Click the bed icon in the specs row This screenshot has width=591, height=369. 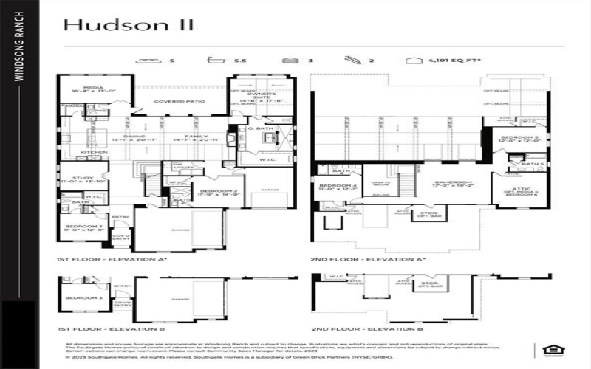pyautogui.click(x=150, y=60)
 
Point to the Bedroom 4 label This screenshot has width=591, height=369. pyautogui.click(x=338, y=185)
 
